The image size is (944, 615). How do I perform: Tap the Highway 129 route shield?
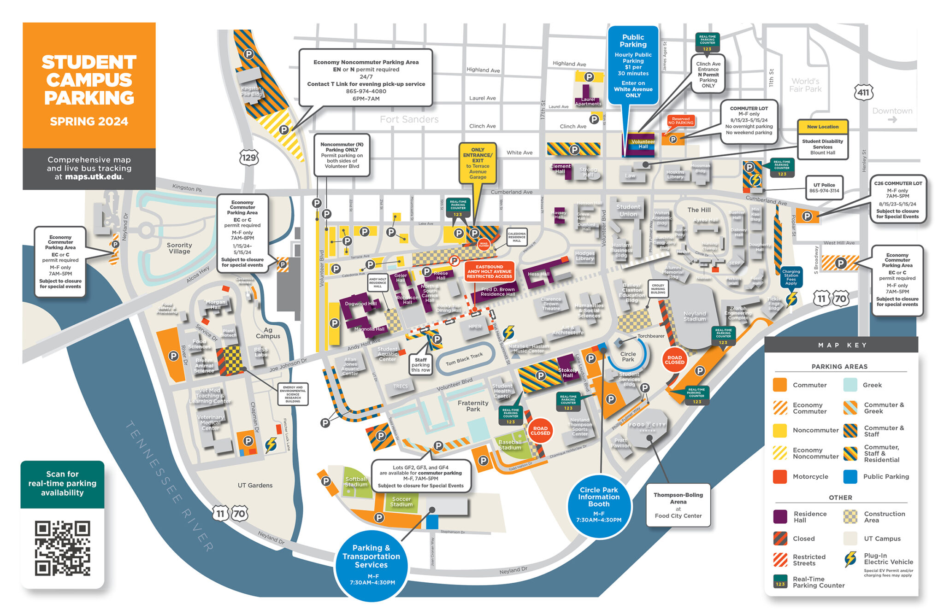point(249,158)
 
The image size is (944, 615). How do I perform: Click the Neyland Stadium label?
point(695,316)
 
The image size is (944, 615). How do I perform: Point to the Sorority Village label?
point(179,248)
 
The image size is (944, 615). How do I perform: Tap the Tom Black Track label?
point(464,359)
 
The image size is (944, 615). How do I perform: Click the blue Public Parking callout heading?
point(633,41)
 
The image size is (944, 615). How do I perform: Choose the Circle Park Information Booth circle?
point(599,505)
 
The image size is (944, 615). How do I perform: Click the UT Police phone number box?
point(824,188)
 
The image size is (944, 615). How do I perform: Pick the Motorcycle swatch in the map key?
point(780,477)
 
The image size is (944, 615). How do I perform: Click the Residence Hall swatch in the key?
point(780,516)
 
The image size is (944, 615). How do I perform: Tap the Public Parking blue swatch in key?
point(850,477)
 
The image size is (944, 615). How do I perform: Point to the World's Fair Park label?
point(805,85)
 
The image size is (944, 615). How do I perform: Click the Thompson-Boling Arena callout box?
point(678,505)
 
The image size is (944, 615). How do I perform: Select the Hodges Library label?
point(584,256)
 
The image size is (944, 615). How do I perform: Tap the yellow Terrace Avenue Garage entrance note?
point(478,163)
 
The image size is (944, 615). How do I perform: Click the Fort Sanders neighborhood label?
point(409,119)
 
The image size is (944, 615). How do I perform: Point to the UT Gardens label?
point(255,485)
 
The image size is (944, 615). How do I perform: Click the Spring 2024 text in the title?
point(89,122)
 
